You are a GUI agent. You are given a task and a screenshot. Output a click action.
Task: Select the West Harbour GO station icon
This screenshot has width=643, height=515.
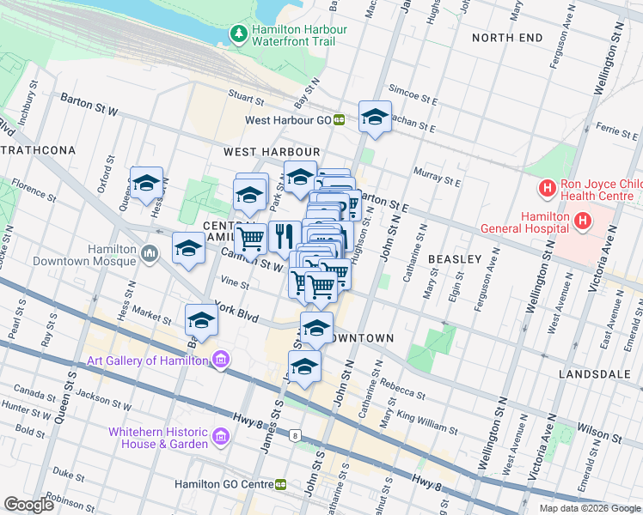click(x=340, y=121)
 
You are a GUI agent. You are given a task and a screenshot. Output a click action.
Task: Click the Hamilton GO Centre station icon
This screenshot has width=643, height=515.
click(x=281, y=485)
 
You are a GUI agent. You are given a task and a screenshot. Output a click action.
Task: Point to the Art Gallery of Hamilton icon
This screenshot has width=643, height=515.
click(x=221, y=360)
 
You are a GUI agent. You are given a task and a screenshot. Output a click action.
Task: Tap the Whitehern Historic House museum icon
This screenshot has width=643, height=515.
click(x=221, y=438)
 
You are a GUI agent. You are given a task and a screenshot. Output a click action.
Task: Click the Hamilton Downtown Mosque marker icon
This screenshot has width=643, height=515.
click(x=150, y=254)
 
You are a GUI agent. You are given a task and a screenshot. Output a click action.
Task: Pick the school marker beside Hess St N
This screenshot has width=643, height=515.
click(x=146, y=183)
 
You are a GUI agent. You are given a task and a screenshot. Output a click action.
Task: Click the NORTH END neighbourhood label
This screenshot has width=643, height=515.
click(x=507, y=38)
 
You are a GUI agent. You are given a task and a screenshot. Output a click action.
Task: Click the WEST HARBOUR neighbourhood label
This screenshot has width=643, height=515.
click(x=272, y=152)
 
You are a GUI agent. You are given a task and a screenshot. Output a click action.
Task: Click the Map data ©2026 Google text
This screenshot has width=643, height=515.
click(x=589, y=508)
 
